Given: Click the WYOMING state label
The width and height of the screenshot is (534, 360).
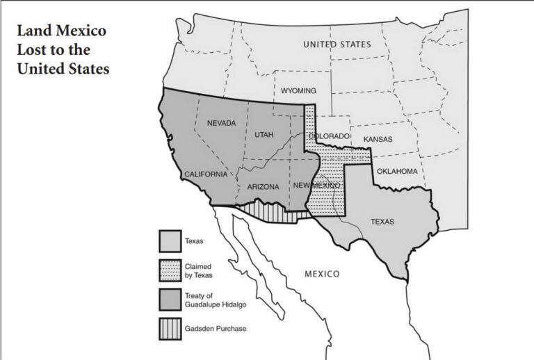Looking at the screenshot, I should coord(298,91).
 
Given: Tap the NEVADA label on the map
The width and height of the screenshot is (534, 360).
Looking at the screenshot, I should coord(221,123).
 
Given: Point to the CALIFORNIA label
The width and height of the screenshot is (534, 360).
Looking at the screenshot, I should coord(206,174).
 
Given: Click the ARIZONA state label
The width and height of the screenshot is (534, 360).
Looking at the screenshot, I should coord(263,186).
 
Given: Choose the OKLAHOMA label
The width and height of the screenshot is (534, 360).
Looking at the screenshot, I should coord(397,171).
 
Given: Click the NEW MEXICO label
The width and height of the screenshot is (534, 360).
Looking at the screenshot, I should coord(316,186).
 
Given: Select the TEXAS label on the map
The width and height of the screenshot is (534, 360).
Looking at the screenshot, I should coord(382,222).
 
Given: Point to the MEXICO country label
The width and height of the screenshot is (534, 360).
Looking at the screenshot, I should coord(322,274).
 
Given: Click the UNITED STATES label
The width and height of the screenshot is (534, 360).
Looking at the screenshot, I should coord(337,44).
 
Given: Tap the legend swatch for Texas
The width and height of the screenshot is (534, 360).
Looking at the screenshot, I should coord(170,242).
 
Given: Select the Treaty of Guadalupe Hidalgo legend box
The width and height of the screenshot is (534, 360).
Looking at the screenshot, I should coord(170,300).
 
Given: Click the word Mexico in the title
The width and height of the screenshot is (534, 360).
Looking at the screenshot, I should coord(86,33).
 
